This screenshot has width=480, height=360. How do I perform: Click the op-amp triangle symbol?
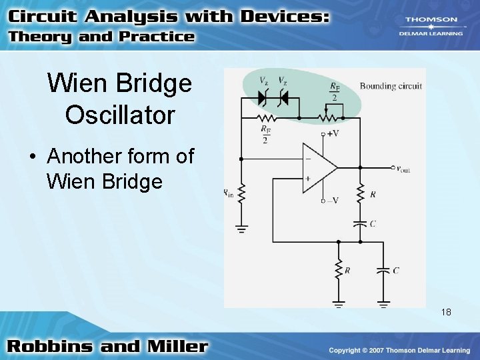(318, 168)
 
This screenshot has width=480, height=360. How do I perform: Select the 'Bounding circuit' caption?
(391, 86)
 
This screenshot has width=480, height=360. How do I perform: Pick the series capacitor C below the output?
(360, 223)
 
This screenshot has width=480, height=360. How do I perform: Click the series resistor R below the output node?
(360, 194)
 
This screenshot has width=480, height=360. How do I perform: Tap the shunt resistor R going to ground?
(339, 270)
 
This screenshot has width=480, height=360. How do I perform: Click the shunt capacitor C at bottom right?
(383, 271)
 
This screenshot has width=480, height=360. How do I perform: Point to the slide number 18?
(445, 311)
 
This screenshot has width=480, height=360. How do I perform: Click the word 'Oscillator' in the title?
(120, 115)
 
